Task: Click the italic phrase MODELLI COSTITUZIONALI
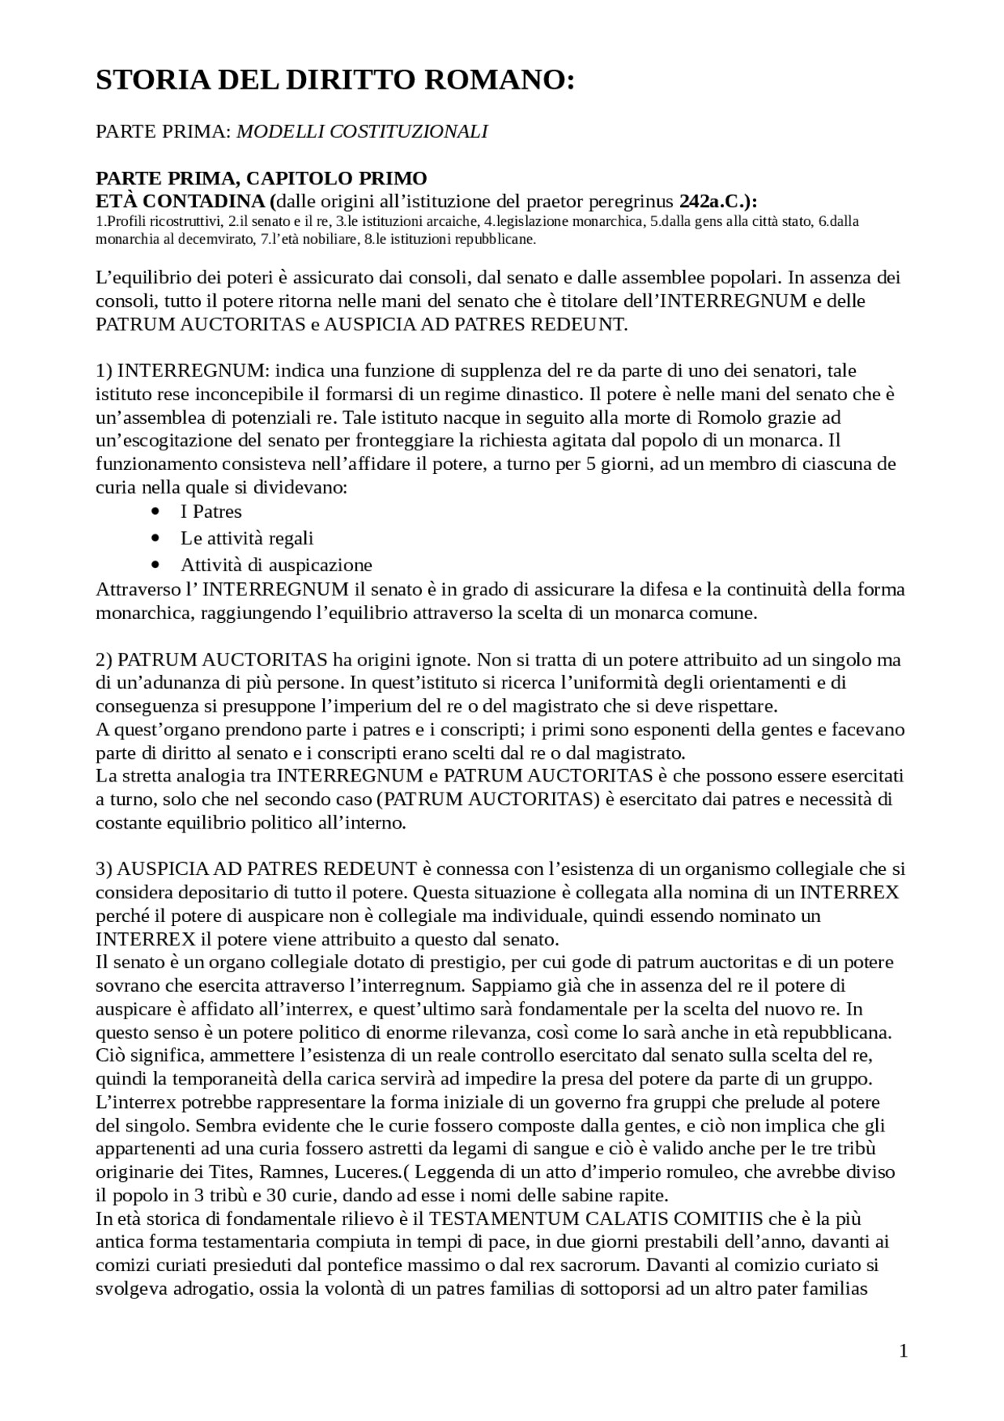[x=362, y=132]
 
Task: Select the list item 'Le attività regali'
[x=247, y=538]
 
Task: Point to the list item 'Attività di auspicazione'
[x=276, y=565]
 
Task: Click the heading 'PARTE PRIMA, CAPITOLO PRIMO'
[x=261, y=178]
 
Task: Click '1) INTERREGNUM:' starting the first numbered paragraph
[x=182, y=370]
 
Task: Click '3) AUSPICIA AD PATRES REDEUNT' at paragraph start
[x=256, y=869]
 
